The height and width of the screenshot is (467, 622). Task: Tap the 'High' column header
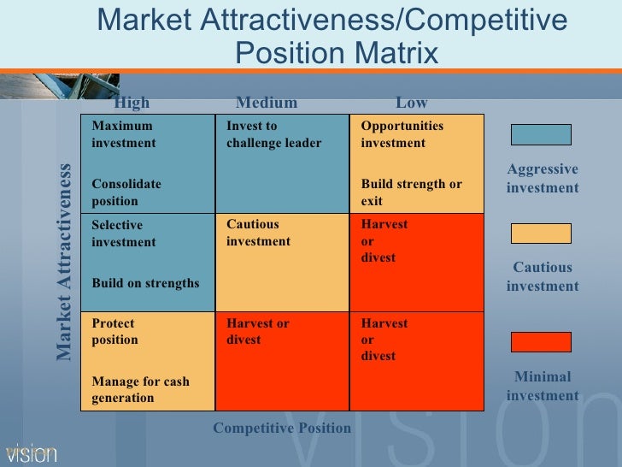pos(132,103)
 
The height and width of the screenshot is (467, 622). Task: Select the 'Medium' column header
pos(267,103)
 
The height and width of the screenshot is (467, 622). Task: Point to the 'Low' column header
pos(411,103)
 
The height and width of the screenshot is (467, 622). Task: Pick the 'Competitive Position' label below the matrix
pos(282,428)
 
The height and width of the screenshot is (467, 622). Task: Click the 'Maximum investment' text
pos(124,134)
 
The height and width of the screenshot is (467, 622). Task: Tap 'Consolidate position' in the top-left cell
pos(126,192)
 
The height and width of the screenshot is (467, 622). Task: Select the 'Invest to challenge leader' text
pos(273,134)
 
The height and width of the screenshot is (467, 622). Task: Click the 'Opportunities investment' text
pos(402,134)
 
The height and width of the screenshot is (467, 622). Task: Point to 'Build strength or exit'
pos(410,192)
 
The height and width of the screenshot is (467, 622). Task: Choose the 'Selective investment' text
pos(124,233)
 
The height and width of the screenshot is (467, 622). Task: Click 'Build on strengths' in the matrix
pos(145,283)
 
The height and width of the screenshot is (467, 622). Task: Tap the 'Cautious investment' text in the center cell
pos(258,233)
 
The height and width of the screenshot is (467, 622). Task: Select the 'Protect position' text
pos(114,332)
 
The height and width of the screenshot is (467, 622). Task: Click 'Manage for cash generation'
pos(140,389)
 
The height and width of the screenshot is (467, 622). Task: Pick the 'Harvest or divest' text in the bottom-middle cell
pos(257,332)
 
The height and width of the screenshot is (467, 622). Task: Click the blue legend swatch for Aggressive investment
pos(541,134)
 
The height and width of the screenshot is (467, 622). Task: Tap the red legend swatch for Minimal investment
pos(541,342)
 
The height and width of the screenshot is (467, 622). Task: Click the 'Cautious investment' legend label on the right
pos(543,277)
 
